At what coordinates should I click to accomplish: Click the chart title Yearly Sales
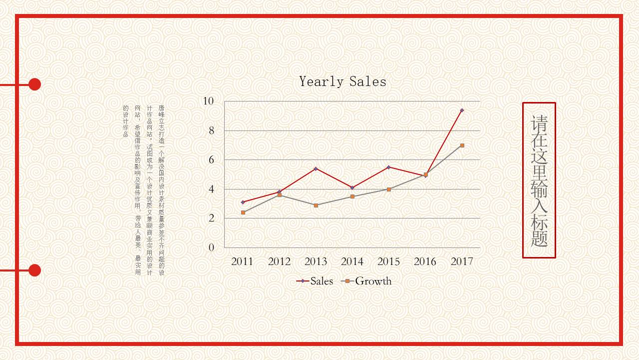[342, 81]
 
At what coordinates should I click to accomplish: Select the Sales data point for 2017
[462, 110]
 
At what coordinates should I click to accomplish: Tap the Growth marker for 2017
[462, 145]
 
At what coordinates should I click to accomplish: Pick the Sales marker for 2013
[316, 169]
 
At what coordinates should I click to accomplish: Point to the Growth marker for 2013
[316, 205]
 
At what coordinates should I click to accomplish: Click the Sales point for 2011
[243, 202]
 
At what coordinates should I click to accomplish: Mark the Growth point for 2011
[243, 212]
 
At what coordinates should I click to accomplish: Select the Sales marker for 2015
[389, 167]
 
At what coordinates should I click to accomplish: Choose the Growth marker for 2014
[352, 196]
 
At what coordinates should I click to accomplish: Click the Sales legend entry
[315, 281]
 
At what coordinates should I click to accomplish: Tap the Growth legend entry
[367, 281]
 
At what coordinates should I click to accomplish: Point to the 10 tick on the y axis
[208, 101]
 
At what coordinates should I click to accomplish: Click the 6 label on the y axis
[211, 159]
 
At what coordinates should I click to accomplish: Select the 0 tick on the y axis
[211, 247]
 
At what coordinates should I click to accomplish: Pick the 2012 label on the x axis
[279, 261]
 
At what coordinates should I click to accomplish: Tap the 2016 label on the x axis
[425, 261]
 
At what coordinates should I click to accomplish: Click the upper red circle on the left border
[34, 84]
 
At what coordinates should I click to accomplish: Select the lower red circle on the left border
[34, 270]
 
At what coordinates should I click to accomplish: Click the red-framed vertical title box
[539, 180]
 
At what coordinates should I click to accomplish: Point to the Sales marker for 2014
[352, 187]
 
